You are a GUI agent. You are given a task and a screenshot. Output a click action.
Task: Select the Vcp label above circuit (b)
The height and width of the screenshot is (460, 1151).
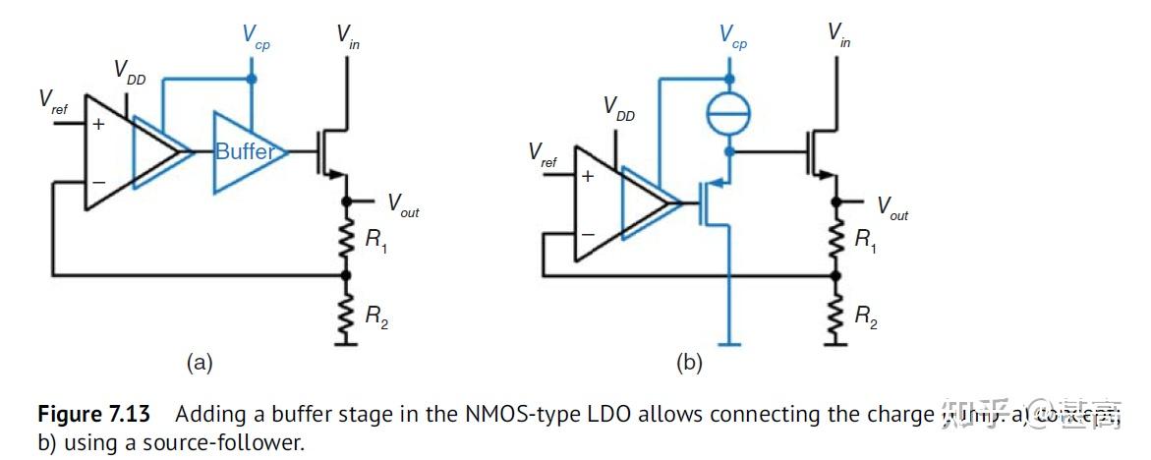click(x=732, y=36)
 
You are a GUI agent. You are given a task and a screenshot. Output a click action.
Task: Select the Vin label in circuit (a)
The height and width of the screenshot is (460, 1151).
click(x=347, y=35)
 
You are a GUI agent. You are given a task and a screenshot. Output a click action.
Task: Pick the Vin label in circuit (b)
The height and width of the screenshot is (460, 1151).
click(x=838, y=35)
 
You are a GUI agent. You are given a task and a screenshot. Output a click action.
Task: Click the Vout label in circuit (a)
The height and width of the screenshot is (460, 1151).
click(x=402, y=204)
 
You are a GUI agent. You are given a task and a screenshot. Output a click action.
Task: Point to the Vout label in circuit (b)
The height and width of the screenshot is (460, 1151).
click(x=892, y=206)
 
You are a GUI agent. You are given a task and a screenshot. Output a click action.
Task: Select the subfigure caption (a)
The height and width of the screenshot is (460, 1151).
click(x=200, y=363)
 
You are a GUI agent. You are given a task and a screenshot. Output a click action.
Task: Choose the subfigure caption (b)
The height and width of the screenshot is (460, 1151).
click(x=689, y=363)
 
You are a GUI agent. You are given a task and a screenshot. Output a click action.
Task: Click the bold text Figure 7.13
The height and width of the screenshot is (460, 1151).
click(x=93, y=414)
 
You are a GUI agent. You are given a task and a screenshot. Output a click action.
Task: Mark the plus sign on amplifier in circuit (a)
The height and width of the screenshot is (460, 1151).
click(x=98, y=125)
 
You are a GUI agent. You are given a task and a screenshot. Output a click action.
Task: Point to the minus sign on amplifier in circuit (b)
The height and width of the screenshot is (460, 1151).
click(x=588, y=235)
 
